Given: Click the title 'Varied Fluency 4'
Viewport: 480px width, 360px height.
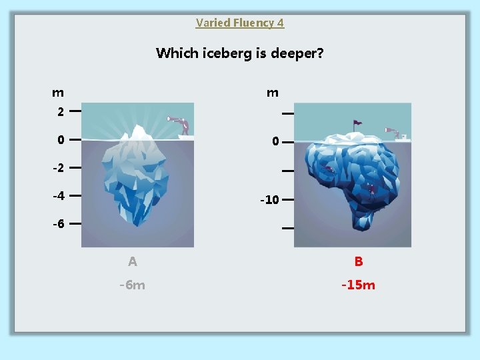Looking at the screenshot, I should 240,23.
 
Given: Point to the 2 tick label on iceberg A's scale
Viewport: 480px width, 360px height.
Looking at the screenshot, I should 60,112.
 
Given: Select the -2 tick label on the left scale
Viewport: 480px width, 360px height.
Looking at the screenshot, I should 59,168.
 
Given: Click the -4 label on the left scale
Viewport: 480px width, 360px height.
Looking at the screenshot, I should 59,197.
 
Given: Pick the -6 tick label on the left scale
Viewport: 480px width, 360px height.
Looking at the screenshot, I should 59,224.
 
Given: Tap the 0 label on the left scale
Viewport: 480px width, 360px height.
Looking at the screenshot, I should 60,140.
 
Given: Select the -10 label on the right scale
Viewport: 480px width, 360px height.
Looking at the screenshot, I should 269,199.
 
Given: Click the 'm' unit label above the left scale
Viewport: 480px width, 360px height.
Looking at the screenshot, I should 59,92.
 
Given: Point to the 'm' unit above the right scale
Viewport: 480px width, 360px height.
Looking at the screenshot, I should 272,93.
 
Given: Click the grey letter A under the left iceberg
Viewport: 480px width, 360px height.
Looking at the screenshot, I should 133,261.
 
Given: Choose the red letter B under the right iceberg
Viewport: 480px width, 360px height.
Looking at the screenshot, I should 359,261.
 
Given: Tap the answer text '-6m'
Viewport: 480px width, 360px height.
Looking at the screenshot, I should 132,285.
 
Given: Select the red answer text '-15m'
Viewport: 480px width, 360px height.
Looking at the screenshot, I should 358,285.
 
